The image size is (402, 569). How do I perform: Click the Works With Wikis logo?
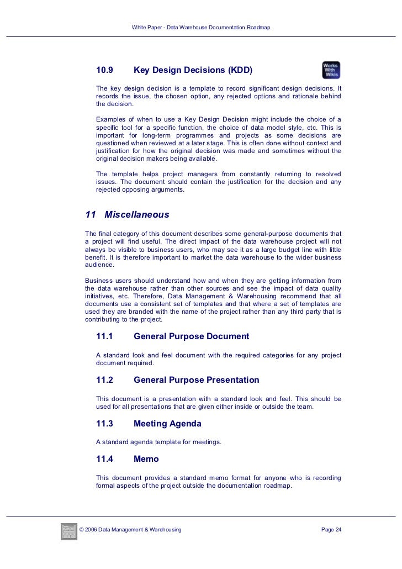click(331, 70)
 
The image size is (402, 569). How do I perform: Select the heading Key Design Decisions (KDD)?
click(193, 71)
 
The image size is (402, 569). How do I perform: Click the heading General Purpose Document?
click(191, 336)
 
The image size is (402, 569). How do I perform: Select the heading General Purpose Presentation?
click(196, 380)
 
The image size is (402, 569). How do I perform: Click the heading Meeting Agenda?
click(167, 424)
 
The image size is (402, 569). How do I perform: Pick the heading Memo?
click(146, 459)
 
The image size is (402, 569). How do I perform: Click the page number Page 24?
click(331, 530)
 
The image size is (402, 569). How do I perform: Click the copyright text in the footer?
click(131, 530)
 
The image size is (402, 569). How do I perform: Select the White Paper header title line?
click(201, 27)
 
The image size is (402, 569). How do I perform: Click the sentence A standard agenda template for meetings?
click(158, 442)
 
